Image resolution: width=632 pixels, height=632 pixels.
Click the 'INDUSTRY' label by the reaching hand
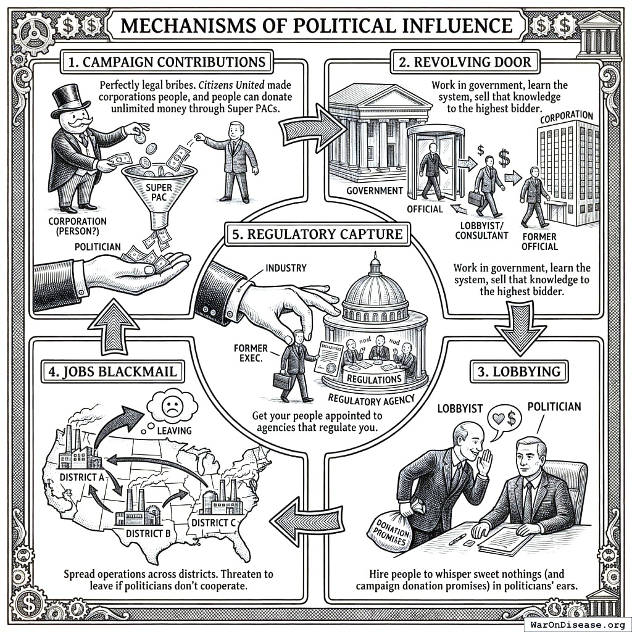(x=285, y=268)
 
